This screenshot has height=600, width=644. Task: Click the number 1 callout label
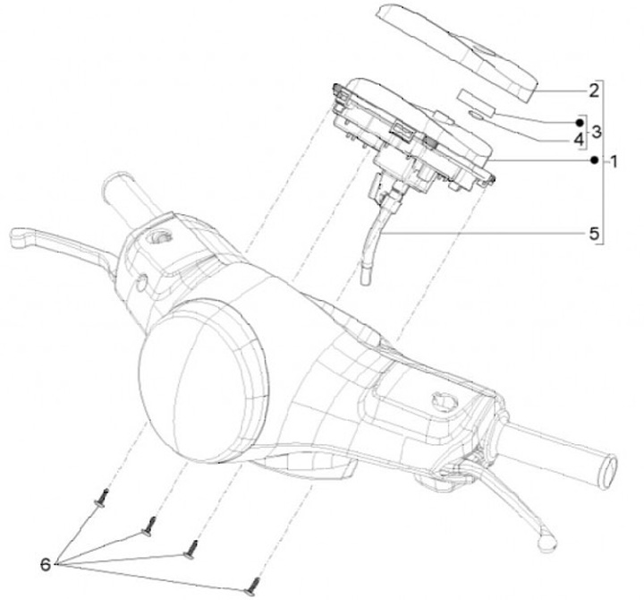pyautogui.click(x=614, y=163)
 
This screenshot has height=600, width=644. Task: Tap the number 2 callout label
pyautogui.click(x=593, y=90)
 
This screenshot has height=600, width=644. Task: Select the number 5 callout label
pyautogui.click(x=593, y=233)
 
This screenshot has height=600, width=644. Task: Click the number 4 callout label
pyautogui.click(x=579, y=140)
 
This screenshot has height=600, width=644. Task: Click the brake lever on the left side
pyautogui.click(x=54, y=242)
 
